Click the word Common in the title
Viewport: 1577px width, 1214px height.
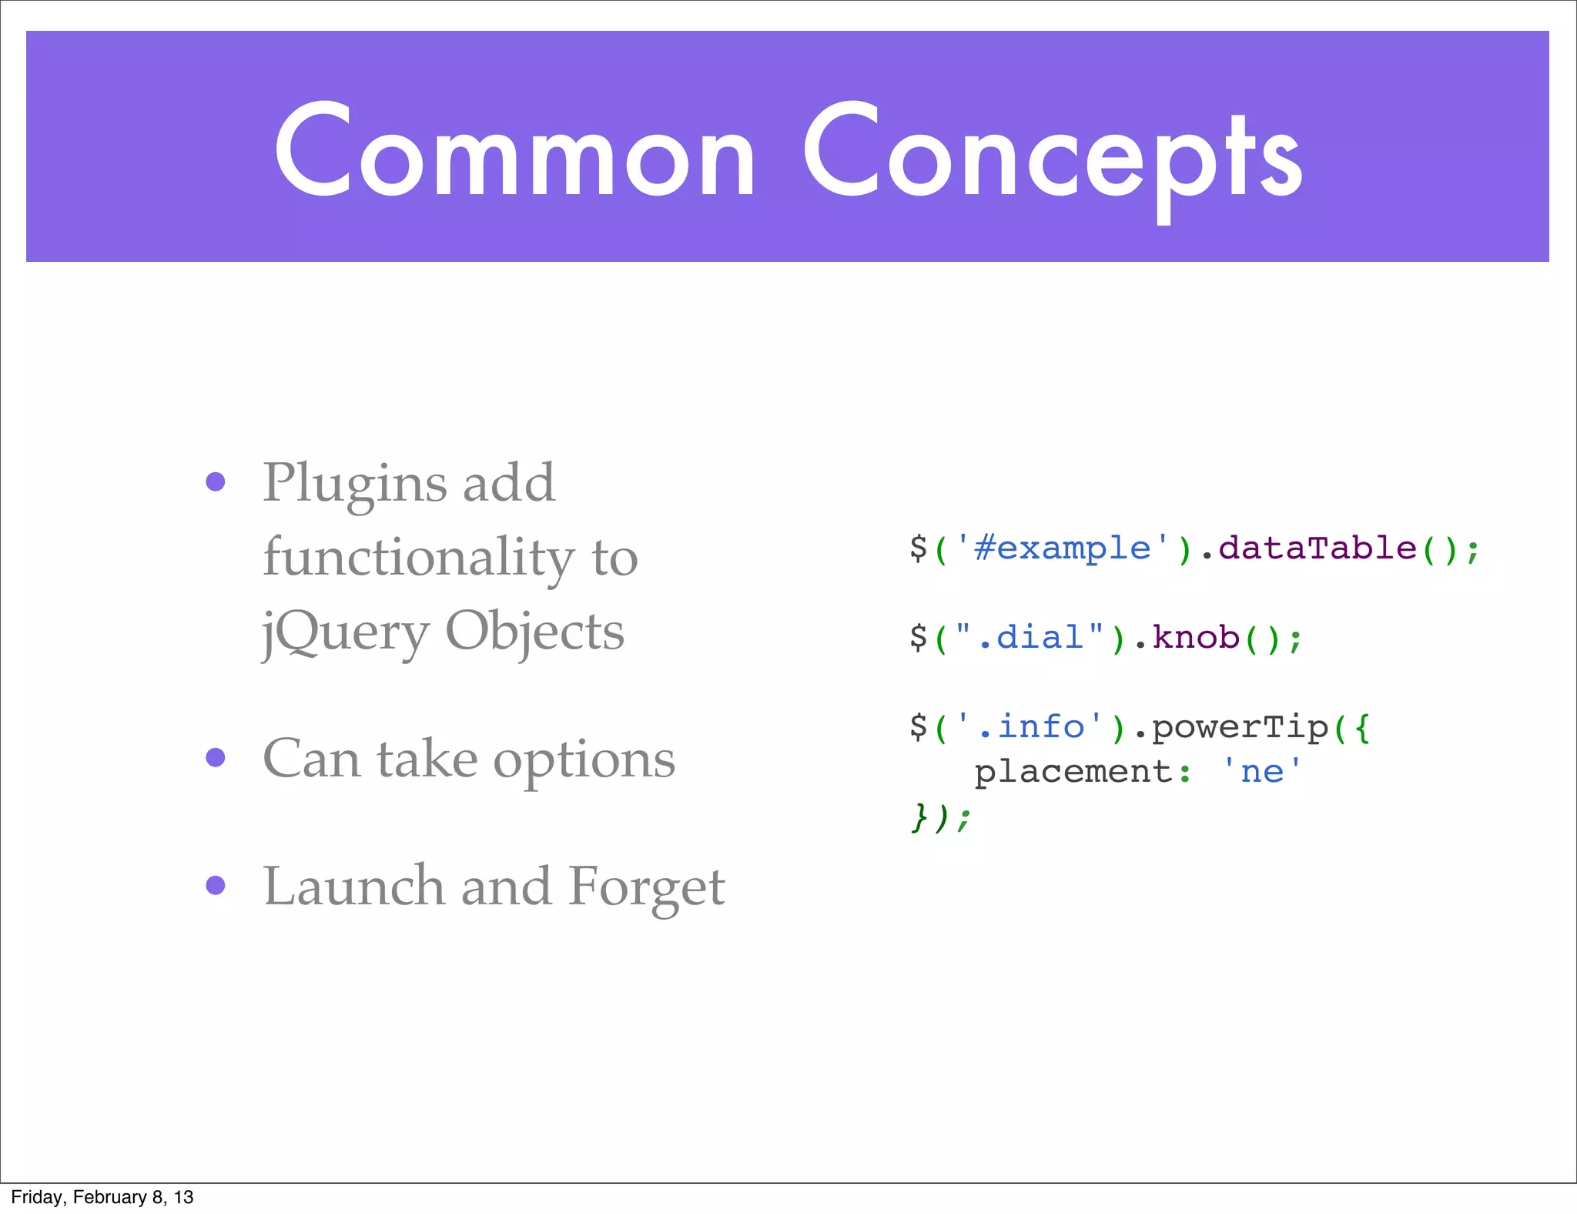[514, 152]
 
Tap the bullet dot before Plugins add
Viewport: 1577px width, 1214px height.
[216, 482]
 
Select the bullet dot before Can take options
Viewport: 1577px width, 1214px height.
[216, 758]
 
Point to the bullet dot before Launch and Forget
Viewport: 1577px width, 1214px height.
[216, 885]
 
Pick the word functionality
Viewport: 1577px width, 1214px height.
[418, 557]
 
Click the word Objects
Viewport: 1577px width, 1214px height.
[534, 632]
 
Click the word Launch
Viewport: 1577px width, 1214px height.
[353, 886]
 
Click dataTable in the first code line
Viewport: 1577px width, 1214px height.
[1317, 548]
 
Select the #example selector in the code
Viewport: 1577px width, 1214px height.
[1062, 548]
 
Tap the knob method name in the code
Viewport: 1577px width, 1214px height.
[1195, 637]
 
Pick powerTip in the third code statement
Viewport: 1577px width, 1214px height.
[1241, 726]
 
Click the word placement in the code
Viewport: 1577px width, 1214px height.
[1073, 771]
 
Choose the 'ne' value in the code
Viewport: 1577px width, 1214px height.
[1261, 770]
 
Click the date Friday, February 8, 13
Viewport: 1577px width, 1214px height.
[102, 1197]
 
